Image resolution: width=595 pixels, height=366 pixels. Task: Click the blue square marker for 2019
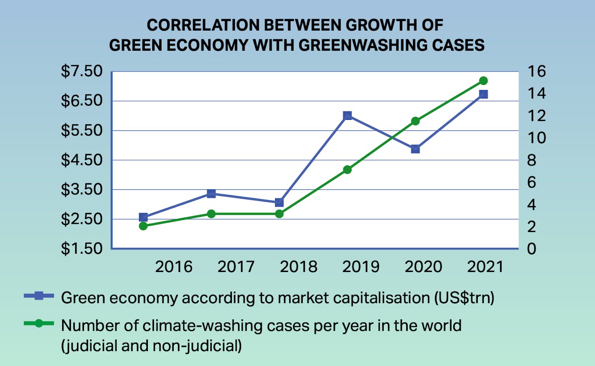347,116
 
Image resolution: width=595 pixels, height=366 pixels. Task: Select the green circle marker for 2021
483,81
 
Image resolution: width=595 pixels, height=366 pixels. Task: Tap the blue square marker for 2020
416,149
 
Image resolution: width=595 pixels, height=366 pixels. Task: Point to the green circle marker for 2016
143,226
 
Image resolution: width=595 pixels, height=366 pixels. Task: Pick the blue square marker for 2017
211,194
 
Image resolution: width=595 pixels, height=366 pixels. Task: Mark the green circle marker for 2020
416,121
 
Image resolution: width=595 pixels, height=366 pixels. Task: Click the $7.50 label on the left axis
81,71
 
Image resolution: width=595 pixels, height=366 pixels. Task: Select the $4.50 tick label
81,160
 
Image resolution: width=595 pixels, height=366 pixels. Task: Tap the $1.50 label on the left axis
81,249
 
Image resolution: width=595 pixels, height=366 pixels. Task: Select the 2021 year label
485,266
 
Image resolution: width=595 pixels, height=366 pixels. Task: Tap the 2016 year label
174,266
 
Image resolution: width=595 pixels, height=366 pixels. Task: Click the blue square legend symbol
39,296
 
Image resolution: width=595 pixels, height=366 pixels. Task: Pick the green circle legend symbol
39,324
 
